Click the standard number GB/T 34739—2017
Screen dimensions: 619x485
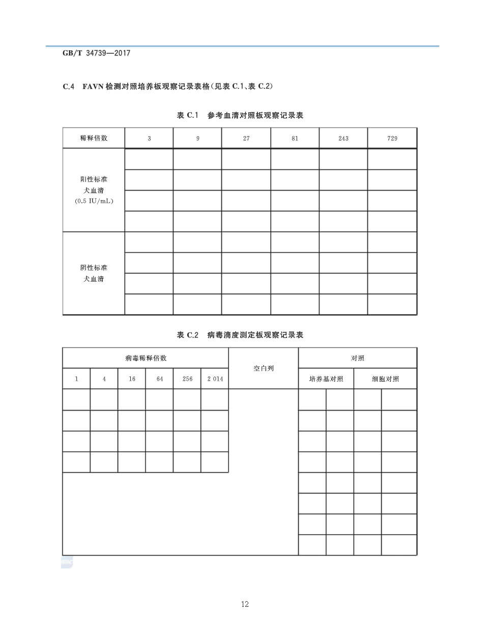pos(96,53)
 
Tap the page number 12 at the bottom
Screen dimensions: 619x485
pos(245,604)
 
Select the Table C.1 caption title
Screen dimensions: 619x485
pos(240,115)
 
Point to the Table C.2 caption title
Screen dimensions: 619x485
pos(240,335)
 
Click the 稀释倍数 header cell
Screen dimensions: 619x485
pos(94,138)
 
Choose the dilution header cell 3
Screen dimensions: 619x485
pos(149,138)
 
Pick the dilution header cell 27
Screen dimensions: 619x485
pos(246,138)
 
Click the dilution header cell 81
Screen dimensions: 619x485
pos(295,138)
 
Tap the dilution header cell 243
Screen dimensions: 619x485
pos(344,138)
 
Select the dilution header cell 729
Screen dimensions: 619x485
pos(392,138)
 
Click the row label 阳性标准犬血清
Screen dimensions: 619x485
pos(94,190)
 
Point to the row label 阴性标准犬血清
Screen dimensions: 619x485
pos(94,273)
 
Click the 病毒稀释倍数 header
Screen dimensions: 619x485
pos(146,358)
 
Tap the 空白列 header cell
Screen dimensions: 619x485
pos(264,368)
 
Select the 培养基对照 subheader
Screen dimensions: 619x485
pos(326,379)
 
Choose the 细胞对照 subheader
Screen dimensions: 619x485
pos(385,379)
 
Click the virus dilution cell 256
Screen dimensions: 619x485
pos(187,379)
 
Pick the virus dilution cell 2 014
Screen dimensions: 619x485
pos(215,379)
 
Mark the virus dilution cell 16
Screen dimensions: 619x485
pos(132,379)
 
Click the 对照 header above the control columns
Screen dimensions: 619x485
pos(358,358)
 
